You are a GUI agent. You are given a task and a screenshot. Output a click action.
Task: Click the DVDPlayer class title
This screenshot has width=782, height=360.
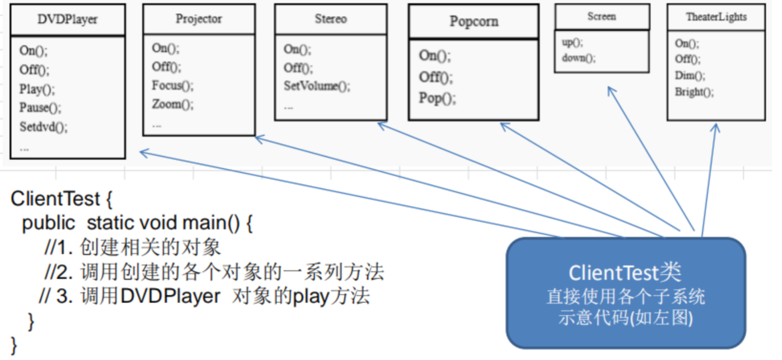67,19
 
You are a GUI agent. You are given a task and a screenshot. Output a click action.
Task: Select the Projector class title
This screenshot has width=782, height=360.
199,19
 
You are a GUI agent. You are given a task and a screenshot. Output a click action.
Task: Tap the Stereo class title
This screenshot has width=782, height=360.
331,19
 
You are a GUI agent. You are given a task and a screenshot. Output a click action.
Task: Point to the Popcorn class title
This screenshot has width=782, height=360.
474,21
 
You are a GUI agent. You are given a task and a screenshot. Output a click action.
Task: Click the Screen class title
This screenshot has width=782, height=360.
601,16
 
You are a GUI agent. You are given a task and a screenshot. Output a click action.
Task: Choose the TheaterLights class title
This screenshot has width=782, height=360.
716,17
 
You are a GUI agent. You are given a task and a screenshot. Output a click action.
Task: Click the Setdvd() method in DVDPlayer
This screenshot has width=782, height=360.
43,127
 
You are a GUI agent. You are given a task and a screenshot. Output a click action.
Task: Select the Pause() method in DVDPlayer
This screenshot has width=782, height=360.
40,108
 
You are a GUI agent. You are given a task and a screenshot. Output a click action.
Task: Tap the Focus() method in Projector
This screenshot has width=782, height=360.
173,85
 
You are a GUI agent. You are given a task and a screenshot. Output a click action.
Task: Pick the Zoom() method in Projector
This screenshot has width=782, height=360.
173,104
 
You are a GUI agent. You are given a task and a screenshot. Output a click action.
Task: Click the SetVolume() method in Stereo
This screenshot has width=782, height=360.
317,86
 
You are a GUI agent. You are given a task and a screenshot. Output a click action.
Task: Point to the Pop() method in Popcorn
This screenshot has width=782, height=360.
437,98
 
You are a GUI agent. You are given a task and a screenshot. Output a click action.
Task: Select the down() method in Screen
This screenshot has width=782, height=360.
578,58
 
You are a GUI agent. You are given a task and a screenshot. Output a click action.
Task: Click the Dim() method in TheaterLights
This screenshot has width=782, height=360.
690,76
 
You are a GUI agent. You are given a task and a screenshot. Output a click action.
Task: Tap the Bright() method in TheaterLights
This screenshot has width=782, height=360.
694,92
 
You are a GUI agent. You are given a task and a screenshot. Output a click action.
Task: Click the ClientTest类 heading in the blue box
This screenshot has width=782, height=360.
625,272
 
